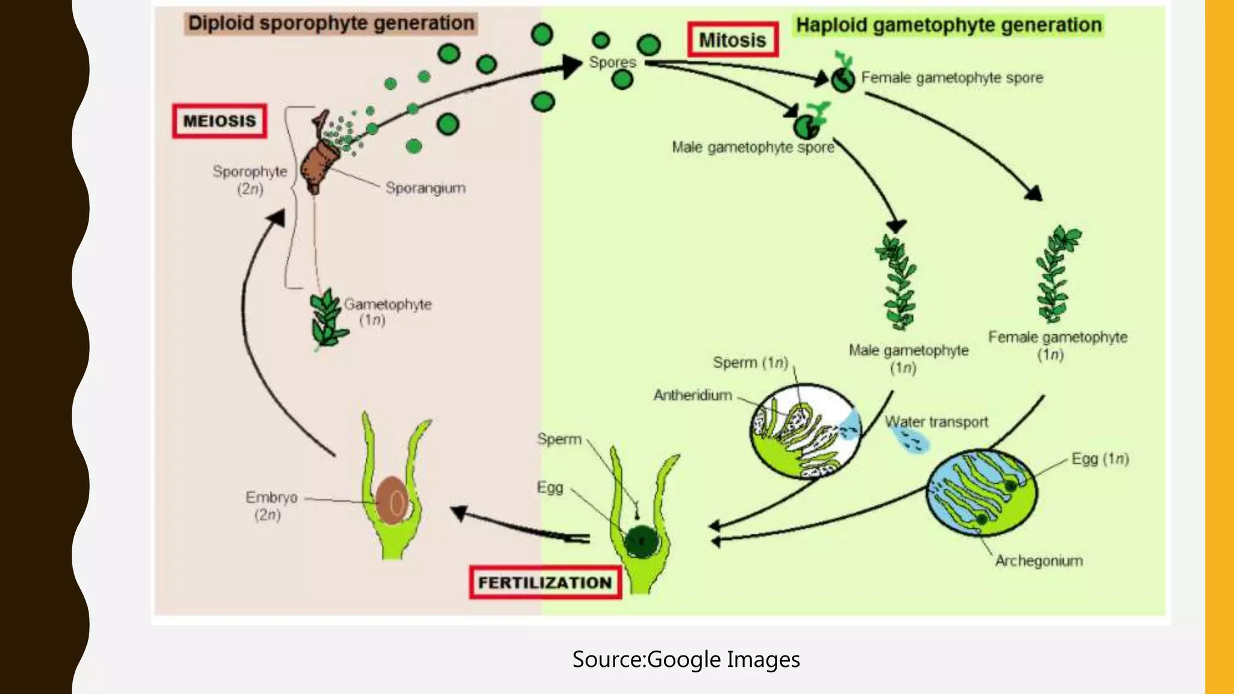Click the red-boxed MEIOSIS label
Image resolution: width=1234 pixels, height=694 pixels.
tap(219, 121)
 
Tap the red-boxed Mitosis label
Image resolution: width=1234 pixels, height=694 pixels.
tap(732, 40)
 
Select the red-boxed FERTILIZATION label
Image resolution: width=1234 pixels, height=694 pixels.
tap(545, 583)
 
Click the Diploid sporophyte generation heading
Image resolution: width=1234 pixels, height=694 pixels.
tap(331, 23)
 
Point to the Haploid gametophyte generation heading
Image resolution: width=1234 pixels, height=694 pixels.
tap(948, 25)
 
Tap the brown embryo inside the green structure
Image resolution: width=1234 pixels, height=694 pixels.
tap(392, 500)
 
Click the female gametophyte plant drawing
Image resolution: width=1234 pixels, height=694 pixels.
tap(1056, 274)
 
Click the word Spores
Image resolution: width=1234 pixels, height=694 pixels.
tap(612, 62)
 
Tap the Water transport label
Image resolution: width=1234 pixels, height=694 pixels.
tap(937, 422)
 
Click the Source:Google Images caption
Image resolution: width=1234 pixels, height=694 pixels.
tap(686, 659)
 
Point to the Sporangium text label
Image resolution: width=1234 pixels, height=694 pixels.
tap(425, 188)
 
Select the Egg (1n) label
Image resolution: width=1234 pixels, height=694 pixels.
tap(1100, 459)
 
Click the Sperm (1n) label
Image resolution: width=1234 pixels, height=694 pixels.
tap(750, 363)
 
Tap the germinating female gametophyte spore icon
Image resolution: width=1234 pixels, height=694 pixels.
tap(843, 75)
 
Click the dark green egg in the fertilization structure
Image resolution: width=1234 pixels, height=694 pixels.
tap(641, 540)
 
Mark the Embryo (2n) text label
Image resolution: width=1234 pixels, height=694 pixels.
tap(271, 505)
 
